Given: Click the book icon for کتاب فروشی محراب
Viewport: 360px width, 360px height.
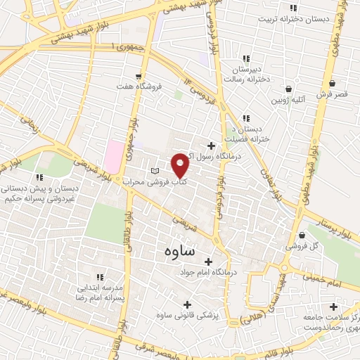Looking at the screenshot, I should (x=155, y=172).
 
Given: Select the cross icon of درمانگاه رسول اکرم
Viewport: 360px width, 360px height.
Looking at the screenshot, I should (x=210, y=146).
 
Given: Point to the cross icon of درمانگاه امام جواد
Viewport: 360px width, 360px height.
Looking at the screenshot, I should (x=207, y=261).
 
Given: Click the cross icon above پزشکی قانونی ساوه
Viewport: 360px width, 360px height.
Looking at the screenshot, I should (x=186, y=304).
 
